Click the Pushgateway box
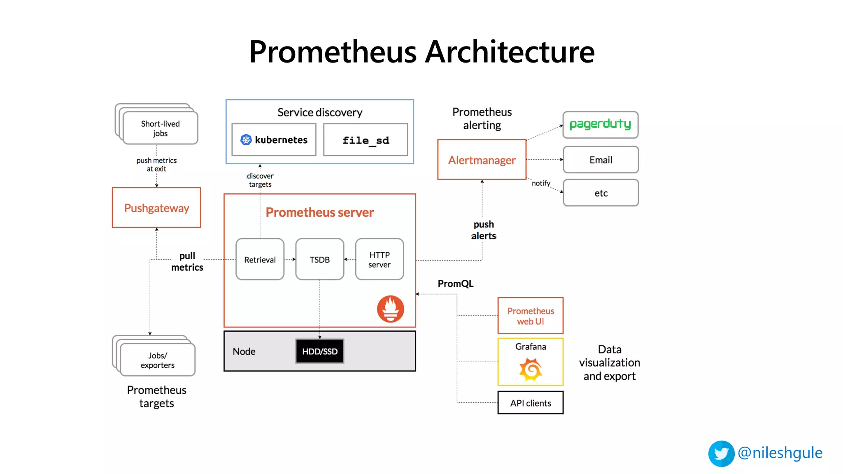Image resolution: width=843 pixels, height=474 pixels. click(x=156, y=207)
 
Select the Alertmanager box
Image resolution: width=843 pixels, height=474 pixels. click(x=482, y=160)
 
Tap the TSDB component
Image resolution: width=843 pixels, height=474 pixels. click(x=319, y=259)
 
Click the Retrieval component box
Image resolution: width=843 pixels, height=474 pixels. click(x=260, y=259)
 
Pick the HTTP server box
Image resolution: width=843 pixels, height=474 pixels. click(x=379, y=259)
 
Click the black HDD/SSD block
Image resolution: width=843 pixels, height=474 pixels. click(x=319, y=351)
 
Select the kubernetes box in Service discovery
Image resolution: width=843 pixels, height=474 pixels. click(x=274, y=140)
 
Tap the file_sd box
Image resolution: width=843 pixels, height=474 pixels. click(x=366, y=140)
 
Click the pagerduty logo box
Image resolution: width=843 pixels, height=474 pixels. click(x=600, y=125)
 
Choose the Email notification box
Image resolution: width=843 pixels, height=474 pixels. click(x=601, y=160)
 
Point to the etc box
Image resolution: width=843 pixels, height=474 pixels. click(x=601, y=193)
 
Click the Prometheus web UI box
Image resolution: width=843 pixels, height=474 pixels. click(x=530, y=316)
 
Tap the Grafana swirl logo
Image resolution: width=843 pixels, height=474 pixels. click(x=530, y=369)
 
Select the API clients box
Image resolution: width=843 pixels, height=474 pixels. click(x=530, y=403)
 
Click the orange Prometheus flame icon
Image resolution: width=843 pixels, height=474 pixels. click(x=390, y=309)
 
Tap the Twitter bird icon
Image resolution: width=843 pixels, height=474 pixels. click(x=721, y=453)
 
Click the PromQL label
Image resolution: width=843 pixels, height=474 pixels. click(x=455, y=283)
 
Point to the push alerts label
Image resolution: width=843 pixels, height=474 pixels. click(x=484, y=230)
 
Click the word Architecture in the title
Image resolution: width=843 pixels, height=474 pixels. click(x=510, y=52)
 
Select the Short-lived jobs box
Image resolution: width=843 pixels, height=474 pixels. click(x=160, y=128)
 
